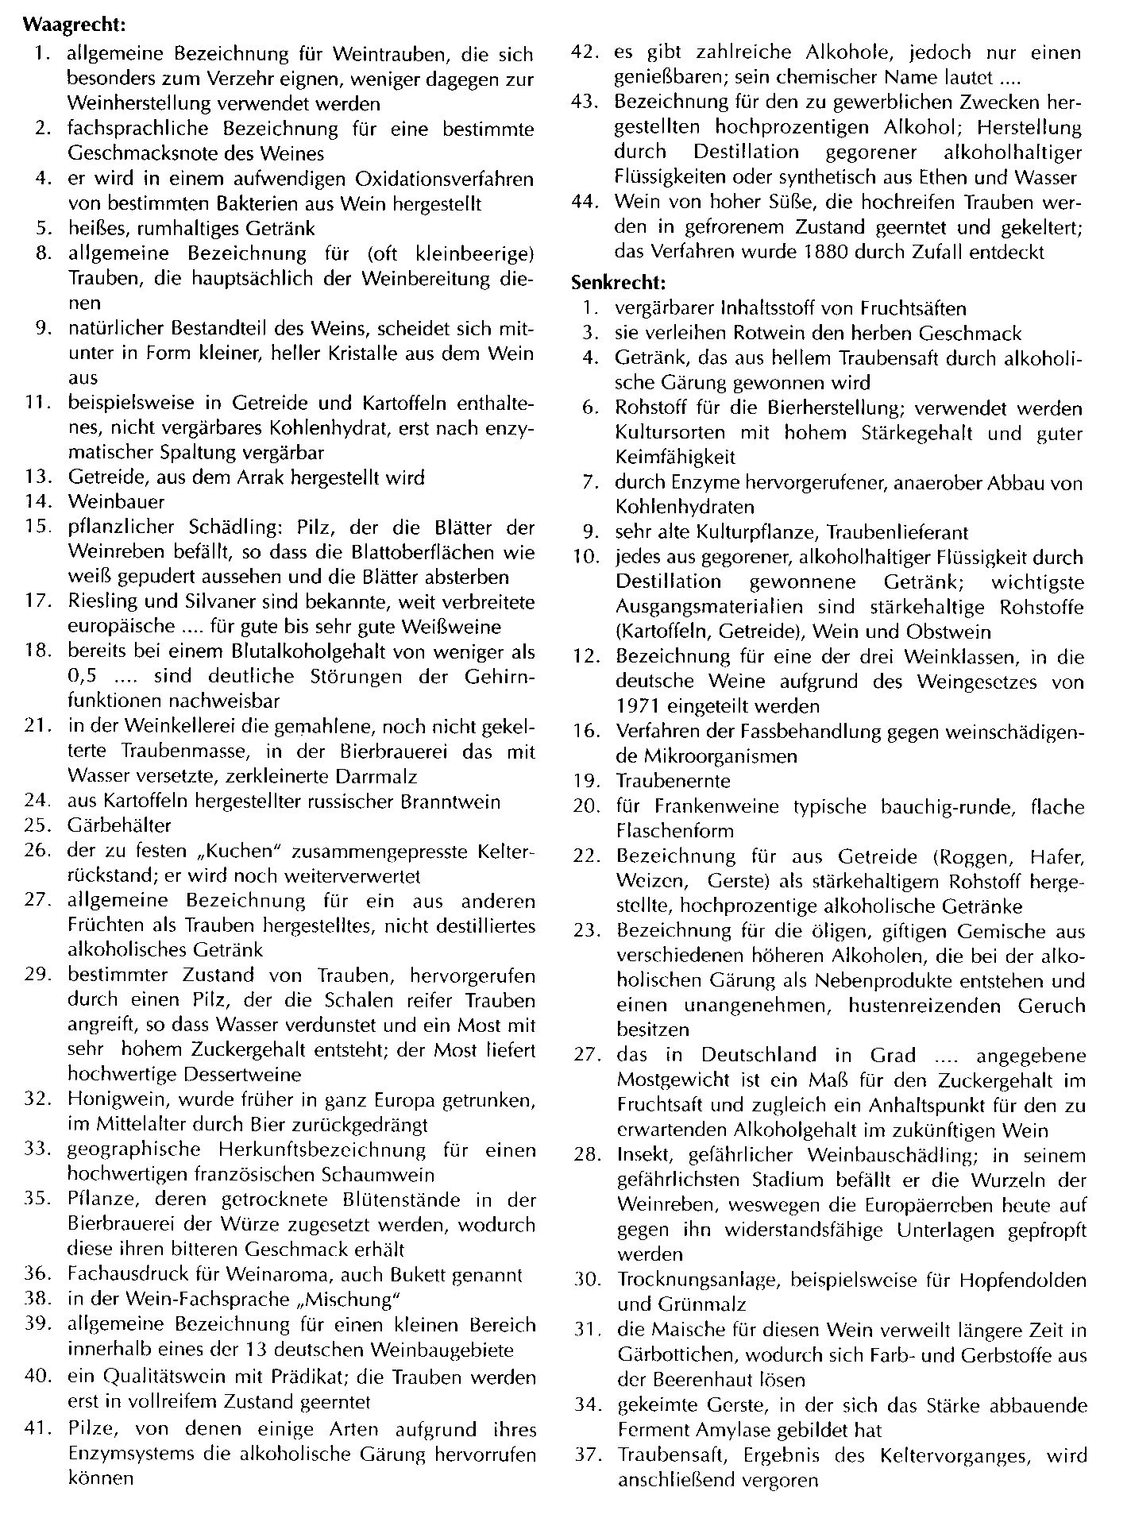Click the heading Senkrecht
(x=618, y=282)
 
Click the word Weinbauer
(x=117, y=502)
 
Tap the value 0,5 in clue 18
(x=82, y=676)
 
